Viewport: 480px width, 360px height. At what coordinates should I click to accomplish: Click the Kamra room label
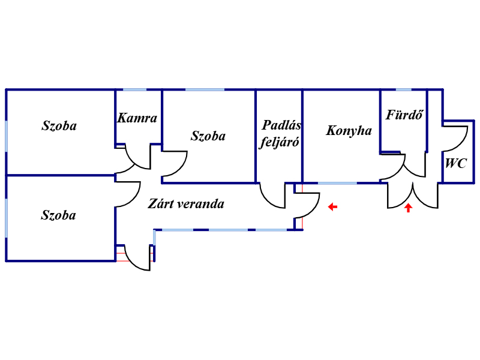point(137,118)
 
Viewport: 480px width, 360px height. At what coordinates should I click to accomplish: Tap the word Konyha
point(349,131)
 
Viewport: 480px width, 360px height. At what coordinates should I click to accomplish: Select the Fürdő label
point(404,115)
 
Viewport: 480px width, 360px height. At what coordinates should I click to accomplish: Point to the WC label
point(456,163)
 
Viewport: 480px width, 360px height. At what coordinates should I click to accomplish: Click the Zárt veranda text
point(186,203)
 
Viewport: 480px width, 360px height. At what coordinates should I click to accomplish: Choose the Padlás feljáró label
point(280,133)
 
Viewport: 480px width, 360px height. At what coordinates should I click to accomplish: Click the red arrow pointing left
point(332,207)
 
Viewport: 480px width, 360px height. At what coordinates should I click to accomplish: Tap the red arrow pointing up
point(408,208)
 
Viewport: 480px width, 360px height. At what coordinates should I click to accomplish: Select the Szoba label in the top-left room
point(59,126)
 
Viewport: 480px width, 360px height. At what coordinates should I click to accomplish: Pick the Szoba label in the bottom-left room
point(58,215)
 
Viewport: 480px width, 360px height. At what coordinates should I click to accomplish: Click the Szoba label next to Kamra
point(208,136)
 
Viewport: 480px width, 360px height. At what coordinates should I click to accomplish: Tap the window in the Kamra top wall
point(134,89)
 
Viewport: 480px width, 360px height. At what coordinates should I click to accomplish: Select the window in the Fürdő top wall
point(403,89)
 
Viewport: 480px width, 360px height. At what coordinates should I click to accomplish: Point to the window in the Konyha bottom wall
point(337,183)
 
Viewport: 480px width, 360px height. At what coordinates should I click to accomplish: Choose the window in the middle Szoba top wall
point(205,89)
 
